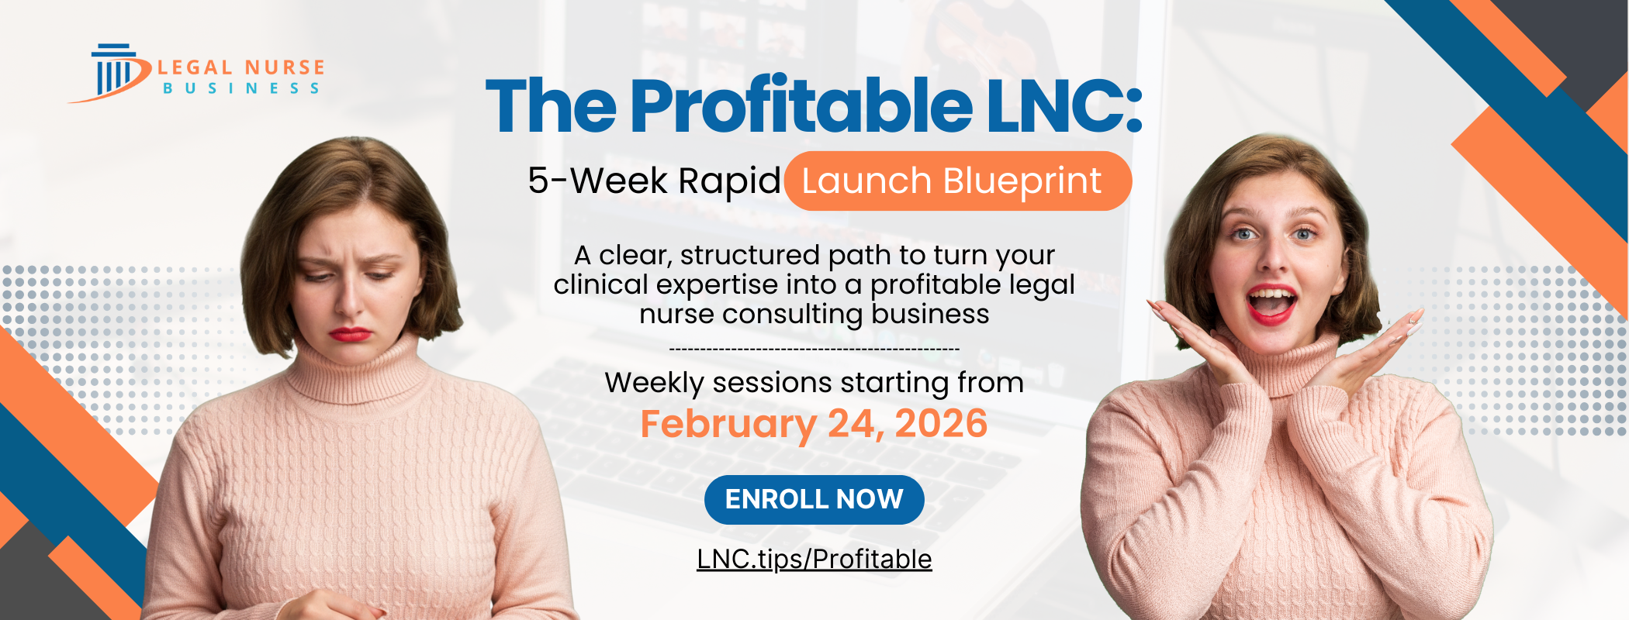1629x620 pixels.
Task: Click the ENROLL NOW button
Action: point(814,499)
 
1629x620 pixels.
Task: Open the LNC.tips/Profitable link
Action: point(814,559)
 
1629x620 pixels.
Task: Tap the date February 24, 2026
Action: point(814,424)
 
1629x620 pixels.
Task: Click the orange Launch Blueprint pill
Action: point(957,181)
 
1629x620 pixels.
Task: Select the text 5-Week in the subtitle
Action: point(597,181)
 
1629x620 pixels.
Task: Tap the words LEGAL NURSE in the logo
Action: point(241,68)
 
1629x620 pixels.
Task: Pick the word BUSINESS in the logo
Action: point(241,89)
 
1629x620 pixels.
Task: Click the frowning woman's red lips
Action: point(350,334)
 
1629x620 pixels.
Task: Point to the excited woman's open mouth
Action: point(1271,302)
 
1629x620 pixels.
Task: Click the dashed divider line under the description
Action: point(814,350)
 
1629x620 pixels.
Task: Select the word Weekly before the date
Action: point(654,383)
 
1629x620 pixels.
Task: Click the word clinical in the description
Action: point(600,285)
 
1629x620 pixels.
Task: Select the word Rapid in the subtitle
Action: point(729,181)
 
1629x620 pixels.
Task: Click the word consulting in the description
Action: point(792,315)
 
